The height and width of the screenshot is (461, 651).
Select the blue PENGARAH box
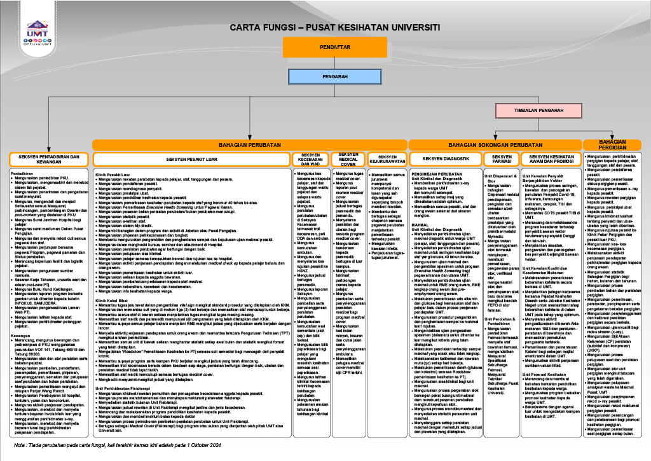click(x=326, y=76)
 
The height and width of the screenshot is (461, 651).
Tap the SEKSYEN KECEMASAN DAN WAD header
click(x=310, y=159)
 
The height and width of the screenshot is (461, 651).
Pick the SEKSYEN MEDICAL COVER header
click(x=348, y=159)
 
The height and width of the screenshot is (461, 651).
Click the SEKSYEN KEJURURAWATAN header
click(x=387, y=159)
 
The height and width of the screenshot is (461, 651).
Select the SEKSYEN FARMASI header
click(x=502, y=159)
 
